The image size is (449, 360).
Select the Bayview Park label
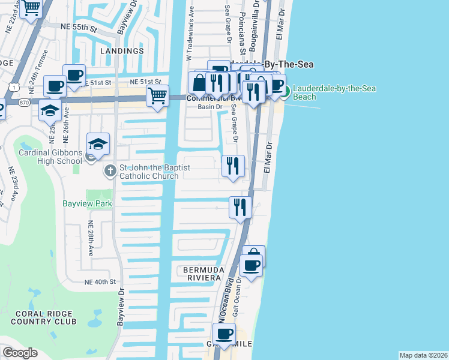pos(88,204)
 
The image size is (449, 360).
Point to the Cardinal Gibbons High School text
pos(50,157)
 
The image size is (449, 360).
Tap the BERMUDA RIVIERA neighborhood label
pos(203,275)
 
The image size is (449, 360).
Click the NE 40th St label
pos(100,282)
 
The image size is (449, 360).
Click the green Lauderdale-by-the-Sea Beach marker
pos(286,92)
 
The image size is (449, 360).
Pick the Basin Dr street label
pos(210,107)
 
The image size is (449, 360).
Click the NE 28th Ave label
pos(91,238)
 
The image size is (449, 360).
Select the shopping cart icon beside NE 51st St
pos(157,95)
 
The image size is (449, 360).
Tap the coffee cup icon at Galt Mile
pos(224,334)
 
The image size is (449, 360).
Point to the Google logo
pos(20,353)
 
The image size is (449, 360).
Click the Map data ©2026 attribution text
pos(423,355)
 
